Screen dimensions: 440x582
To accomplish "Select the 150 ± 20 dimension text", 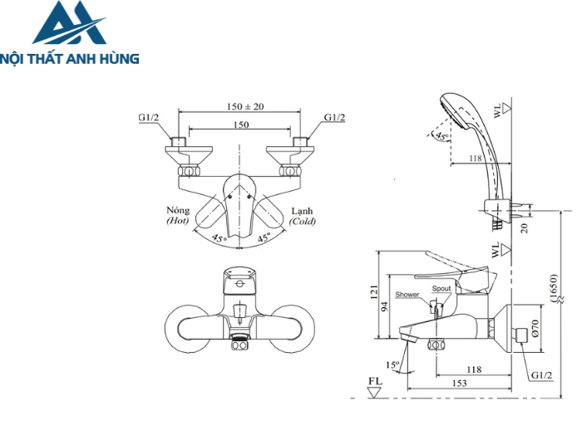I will point(244,106).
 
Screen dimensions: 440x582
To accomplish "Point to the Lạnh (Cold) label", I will point(303,216).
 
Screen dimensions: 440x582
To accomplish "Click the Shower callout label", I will point(407,295).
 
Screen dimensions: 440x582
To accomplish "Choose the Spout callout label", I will point(441,289).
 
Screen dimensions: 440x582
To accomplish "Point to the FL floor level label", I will point(375,383).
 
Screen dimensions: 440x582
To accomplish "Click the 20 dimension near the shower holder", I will point(524,227).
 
